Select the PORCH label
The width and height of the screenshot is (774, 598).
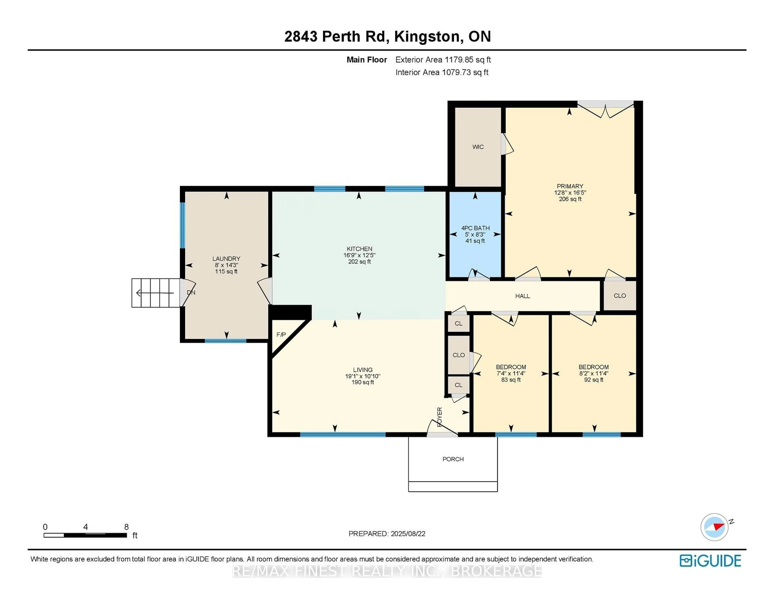pyautogui.click(x=453, y=459)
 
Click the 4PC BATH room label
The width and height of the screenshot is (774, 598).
pyautogui.click(x=475, y=228)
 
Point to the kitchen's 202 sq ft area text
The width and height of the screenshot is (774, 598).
pyautogui.click(x=359, y=262)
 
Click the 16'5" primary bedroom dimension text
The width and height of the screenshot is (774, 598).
pyautogui.click(x=580, y=193)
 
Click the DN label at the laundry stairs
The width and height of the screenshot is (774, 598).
pyautogui.click(x=191, y=293)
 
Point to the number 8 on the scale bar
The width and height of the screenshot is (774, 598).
pyautogui.click(x=127, y=527)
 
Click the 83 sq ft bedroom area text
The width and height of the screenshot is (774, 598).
pyautogui.click(x=511, y=380)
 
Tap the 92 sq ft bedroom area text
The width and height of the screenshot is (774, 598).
pyautogui.click(x=594, y=380)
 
